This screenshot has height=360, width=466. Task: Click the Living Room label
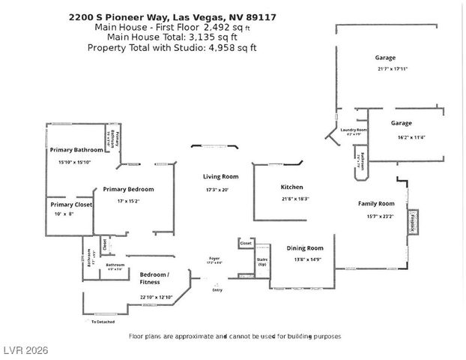pyautogui.click(x=220, y=177)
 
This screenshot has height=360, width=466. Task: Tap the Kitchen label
pyautogui.click(x=291, y=187)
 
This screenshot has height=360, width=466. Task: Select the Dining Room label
pyautogui.click(x=305, y=248)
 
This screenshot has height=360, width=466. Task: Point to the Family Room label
pyautogui.click(x=376, y=203)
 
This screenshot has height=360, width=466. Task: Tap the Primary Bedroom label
pyautogui.click(x=128, y=189)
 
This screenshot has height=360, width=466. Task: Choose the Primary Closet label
pyautogui.click(x=71, y=204)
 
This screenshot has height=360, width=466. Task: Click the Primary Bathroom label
pyautogui.click(x=76, y=150)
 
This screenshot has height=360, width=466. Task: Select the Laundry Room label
pyautogui.click(x=353, y=130)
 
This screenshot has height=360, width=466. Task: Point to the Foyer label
pyautogui.click(x=214, y=259)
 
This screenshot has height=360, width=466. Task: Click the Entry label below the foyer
pyautogui.click(x=218, y=289)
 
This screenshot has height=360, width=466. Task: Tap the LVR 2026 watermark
pyautogui.click(x=25, y=351)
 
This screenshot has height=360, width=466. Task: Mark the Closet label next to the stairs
pyautogui.click(x=246, y=244)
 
